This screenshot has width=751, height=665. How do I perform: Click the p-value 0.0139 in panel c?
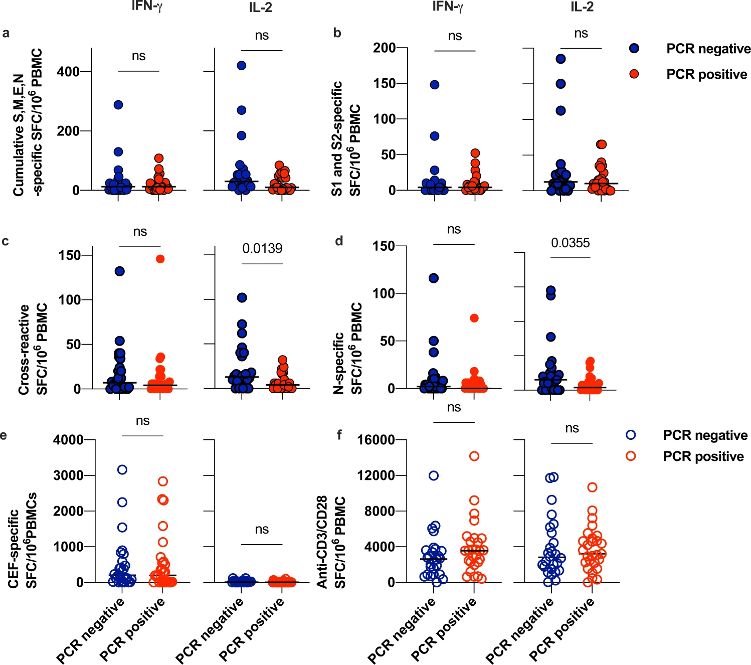pos(262,248)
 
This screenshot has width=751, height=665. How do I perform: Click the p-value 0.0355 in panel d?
pos(571,243)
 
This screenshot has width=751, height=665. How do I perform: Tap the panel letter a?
pos(6,34)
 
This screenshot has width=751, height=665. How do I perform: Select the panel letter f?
pos(339,434)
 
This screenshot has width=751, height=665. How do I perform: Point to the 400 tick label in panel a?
pos(68,72)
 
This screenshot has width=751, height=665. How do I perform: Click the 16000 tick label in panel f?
pos(376,440)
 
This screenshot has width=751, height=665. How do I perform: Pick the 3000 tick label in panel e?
pos(68,475)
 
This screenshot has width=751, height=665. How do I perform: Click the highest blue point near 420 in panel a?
pos(242,65)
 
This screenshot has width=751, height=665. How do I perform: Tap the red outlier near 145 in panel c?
pos(160,259)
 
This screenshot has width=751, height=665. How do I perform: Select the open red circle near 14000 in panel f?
pos(474,456)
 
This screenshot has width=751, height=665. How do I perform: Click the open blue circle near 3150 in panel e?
pos(122,470)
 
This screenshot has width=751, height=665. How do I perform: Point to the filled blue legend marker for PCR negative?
pos(634,49)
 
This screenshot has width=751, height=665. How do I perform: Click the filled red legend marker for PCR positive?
pos(634,74)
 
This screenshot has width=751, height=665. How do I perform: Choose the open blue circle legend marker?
pos(631,435)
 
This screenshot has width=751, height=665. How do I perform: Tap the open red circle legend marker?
pos(631,456)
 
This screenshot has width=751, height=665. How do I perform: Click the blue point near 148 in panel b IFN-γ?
pos(435,85)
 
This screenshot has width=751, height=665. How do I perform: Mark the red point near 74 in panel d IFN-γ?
pos(474,318)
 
